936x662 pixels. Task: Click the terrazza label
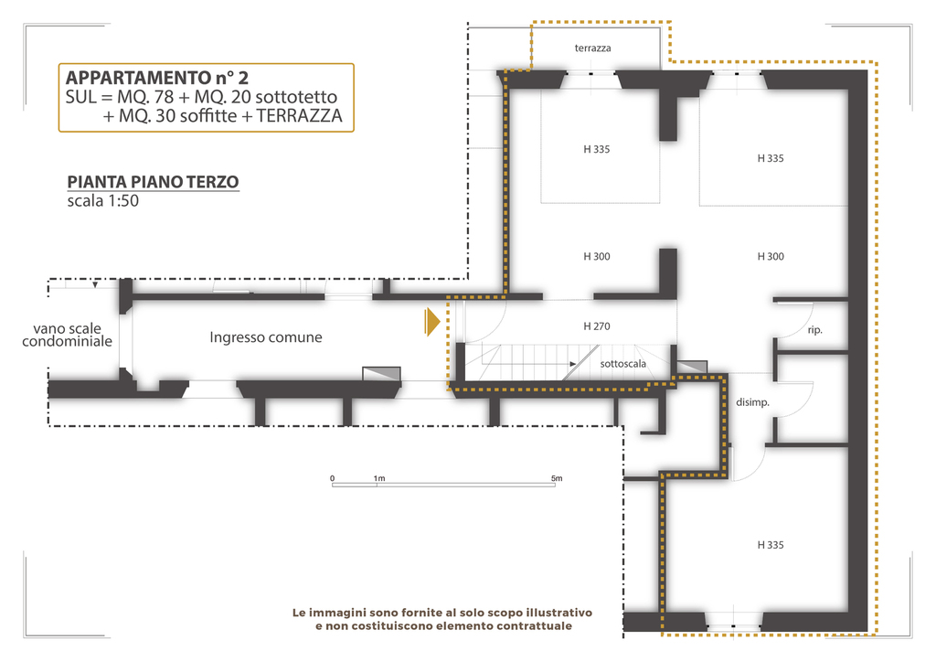point(592,48)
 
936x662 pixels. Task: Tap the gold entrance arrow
point(432,323)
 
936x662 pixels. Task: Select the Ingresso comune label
point(266,337)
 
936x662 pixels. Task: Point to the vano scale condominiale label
point(67,335)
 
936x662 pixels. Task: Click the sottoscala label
point(622,364)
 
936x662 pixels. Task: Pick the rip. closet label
point(814,330)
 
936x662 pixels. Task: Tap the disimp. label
point(752,402)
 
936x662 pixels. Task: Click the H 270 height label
point(596,326)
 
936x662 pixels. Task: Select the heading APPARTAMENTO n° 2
point(157,78)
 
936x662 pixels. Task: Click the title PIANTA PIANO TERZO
point(153,181)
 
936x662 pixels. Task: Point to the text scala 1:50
point(102,200)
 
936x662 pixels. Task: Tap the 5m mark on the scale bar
point(557,478)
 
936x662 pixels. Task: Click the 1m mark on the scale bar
point(379,478)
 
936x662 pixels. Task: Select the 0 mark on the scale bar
point(333,478)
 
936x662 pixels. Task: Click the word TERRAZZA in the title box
point(299,116)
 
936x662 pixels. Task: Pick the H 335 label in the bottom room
point(770,545)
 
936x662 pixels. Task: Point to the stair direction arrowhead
point(573,364)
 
